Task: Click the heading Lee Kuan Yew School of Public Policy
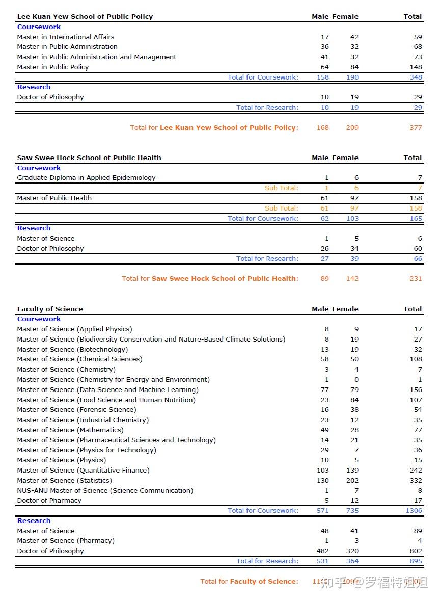point(85,16)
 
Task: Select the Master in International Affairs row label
point(66,37)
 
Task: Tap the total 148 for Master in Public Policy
point(416,67)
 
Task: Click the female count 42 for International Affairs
point(354,37)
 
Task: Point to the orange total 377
point(416,127)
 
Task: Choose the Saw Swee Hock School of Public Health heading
point(89,158)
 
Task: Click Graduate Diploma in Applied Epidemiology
point(86,177)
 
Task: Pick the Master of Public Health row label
point(54,198)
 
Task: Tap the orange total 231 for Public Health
point(416,278)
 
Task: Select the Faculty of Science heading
point(50,309)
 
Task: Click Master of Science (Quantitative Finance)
point(83,470)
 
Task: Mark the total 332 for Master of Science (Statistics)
point(416,480)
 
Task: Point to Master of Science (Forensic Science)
point(76,409)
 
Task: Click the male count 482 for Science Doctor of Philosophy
point(323,551)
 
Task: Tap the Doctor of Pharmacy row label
point(49,500)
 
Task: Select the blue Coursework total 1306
point(414,510)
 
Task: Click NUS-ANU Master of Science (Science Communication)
point(105,490)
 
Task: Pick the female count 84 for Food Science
point(354,400)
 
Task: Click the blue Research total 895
point(416,561)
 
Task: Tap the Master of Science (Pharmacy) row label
point(66,540)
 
